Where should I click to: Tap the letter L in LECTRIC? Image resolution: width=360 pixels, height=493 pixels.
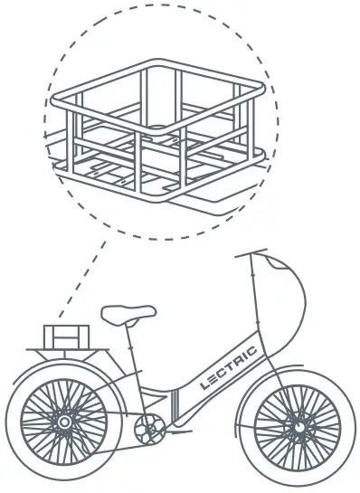click(x=204, y=384)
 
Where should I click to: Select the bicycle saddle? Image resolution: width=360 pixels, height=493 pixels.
click(x=128, y=314)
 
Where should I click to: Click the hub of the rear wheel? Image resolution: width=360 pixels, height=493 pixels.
click(x=63, y=422)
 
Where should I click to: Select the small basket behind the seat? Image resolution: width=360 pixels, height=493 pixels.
click(x=68, y=336)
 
